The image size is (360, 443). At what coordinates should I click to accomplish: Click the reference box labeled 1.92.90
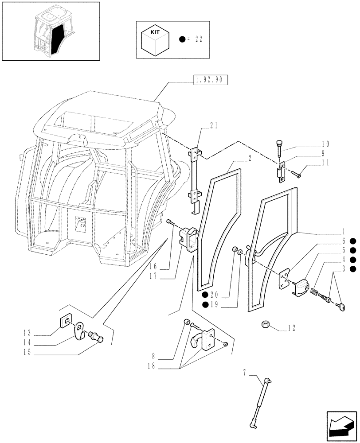pyautogui.click(x=210, y=80)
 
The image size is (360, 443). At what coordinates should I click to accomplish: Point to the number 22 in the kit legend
pyautogui.click(x=198, y=39)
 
